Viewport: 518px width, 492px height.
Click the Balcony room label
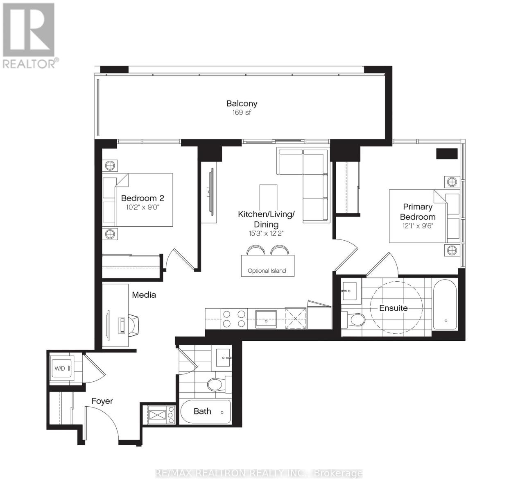[x=242, y=103]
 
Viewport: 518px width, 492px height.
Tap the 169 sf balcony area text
[x=242, y=113]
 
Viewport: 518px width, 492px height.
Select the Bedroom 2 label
[x=142, y=198]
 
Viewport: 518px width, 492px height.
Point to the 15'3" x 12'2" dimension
[x=266, y=233]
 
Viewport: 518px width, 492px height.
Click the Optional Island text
[x=267, y=271]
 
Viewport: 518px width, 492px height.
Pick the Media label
[x=144, y=295]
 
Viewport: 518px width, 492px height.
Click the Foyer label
[x=102, y=401]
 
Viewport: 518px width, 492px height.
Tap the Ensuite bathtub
[x=445, y=305]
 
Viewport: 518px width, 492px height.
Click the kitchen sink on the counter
[x=266, y=319]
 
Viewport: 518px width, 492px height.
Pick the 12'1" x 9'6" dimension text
[x=418, y=226]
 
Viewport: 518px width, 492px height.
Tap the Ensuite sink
[x=349, y=291]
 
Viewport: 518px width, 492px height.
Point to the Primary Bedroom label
[x=418, y=212]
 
